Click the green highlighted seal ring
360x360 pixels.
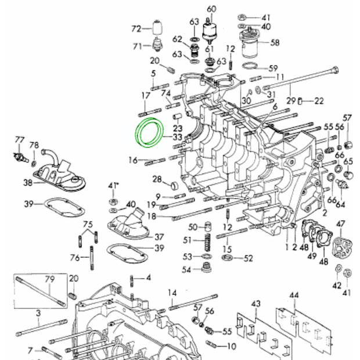click(150, 133)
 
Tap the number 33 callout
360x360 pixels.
click(177, 138)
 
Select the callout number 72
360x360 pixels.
click(136, 28)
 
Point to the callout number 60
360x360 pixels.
click(211, 8)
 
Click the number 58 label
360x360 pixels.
click(275, 42)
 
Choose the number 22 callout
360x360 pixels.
click(319, 100)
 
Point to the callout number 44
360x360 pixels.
click(294, 297)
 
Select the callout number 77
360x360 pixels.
click(20, 139)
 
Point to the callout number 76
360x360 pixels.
click(74, 257)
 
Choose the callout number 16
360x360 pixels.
click(133, 160)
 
